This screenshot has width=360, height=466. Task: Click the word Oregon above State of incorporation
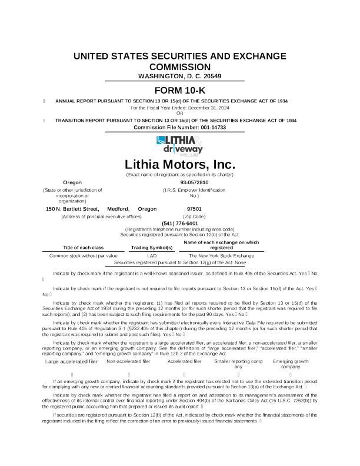[72, 183]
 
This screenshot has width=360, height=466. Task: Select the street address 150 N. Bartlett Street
[71, 209]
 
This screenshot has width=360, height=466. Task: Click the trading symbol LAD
[151, 256]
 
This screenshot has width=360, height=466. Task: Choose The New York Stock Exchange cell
[221, 256]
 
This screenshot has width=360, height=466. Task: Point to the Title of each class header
[83, 248]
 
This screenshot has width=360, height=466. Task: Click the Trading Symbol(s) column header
[151, 248]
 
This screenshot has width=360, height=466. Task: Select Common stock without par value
[83, 256]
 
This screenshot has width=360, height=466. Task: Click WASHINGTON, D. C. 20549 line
[179, 76]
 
